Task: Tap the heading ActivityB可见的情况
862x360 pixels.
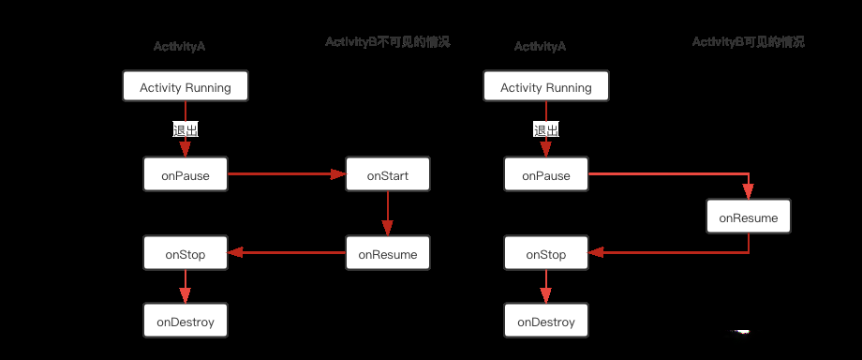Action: pos(748,42)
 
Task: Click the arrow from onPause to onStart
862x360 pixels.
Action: pos(286,174)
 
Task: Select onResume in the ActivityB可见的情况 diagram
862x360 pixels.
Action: pos(749,217)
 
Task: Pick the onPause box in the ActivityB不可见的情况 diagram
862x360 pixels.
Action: pos(186,175)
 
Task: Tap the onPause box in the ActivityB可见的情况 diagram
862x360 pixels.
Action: pos(546,175)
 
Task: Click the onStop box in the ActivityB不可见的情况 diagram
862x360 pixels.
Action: pos(186,253)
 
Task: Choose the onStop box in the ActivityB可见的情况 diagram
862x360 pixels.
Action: pos(546,254)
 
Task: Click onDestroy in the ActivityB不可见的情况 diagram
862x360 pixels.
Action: pos(186,322)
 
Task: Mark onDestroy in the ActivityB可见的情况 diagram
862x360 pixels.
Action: pos(546,322)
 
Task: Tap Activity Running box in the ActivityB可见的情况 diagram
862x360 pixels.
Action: pos(546,87)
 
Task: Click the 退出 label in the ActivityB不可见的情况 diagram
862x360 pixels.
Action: pos(186,130)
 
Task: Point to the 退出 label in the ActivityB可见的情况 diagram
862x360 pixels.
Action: pos(546,130)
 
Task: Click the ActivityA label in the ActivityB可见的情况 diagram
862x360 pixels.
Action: pos(541,47)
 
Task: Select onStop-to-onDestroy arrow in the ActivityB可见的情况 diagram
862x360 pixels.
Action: pos(546,288)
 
